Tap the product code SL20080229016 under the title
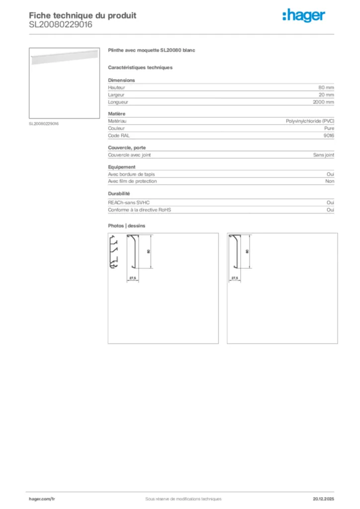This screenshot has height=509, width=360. [x=60, y=24]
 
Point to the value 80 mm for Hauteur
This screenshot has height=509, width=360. [x=326, y=87]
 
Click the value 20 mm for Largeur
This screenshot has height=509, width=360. [x=326, y=94]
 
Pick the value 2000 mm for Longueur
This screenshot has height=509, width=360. [x=323, y=102]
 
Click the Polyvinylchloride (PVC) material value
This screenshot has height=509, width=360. [x=310, y=121]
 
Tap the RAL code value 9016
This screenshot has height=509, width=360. [x=329, y=135]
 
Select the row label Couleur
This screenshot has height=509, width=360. [x=116, y=128]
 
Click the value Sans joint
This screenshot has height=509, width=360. [x=323, y=155]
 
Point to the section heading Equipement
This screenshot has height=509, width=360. [x=122, y=167]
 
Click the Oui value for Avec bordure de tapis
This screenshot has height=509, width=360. [x=330, y=174]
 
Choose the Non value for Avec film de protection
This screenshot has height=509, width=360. [x=329, y=181]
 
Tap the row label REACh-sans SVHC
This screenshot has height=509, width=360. [x=129, y=203]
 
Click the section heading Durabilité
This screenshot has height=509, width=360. [x=119, y=193]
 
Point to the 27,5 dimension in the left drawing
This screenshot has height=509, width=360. [x=133, y=277]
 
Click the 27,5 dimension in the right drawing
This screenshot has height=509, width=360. [x=235, y=278]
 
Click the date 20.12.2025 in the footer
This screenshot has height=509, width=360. [x=323, y=499]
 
